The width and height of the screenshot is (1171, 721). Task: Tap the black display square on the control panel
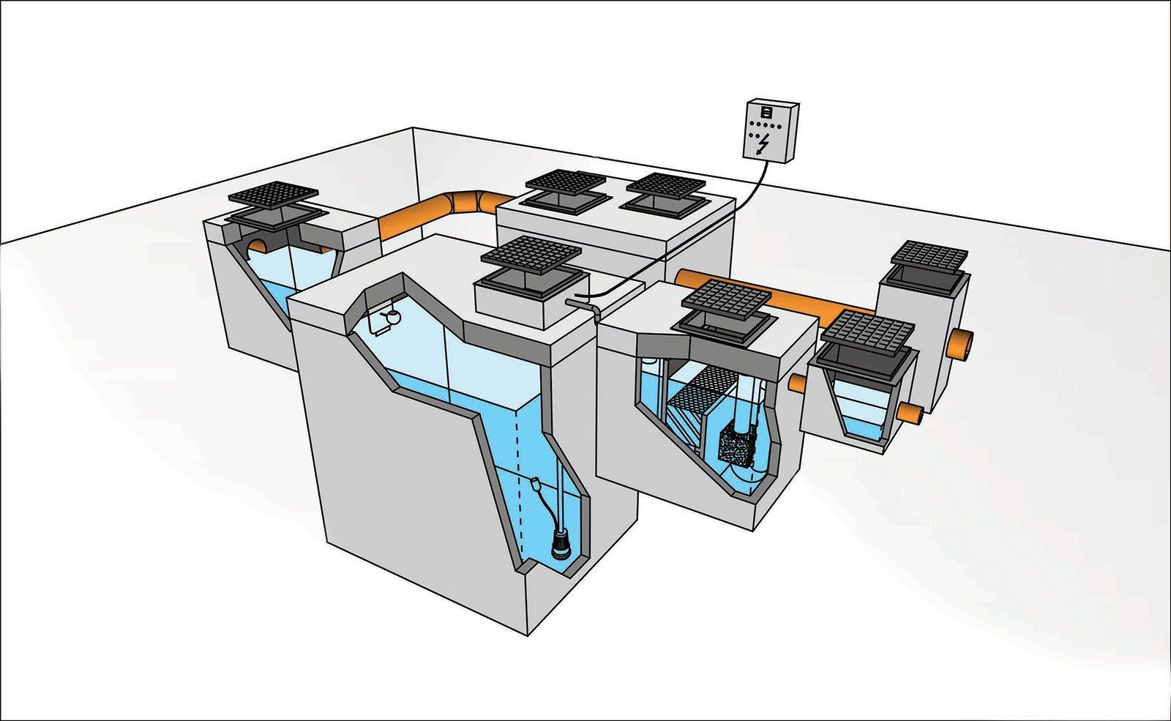[766, 112]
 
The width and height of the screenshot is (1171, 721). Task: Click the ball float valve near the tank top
[392, 316]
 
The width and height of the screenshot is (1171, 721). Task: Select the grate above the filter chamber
[726, 299]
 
